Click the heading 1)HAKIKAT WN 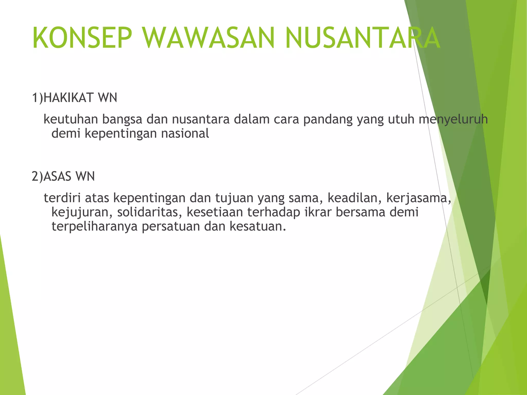(74, 98)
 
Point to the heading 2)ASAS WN (63, 176)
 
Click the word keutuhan (71, 119)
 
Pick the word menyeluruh (453, 119)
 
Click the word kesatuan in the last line (258, 226)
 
